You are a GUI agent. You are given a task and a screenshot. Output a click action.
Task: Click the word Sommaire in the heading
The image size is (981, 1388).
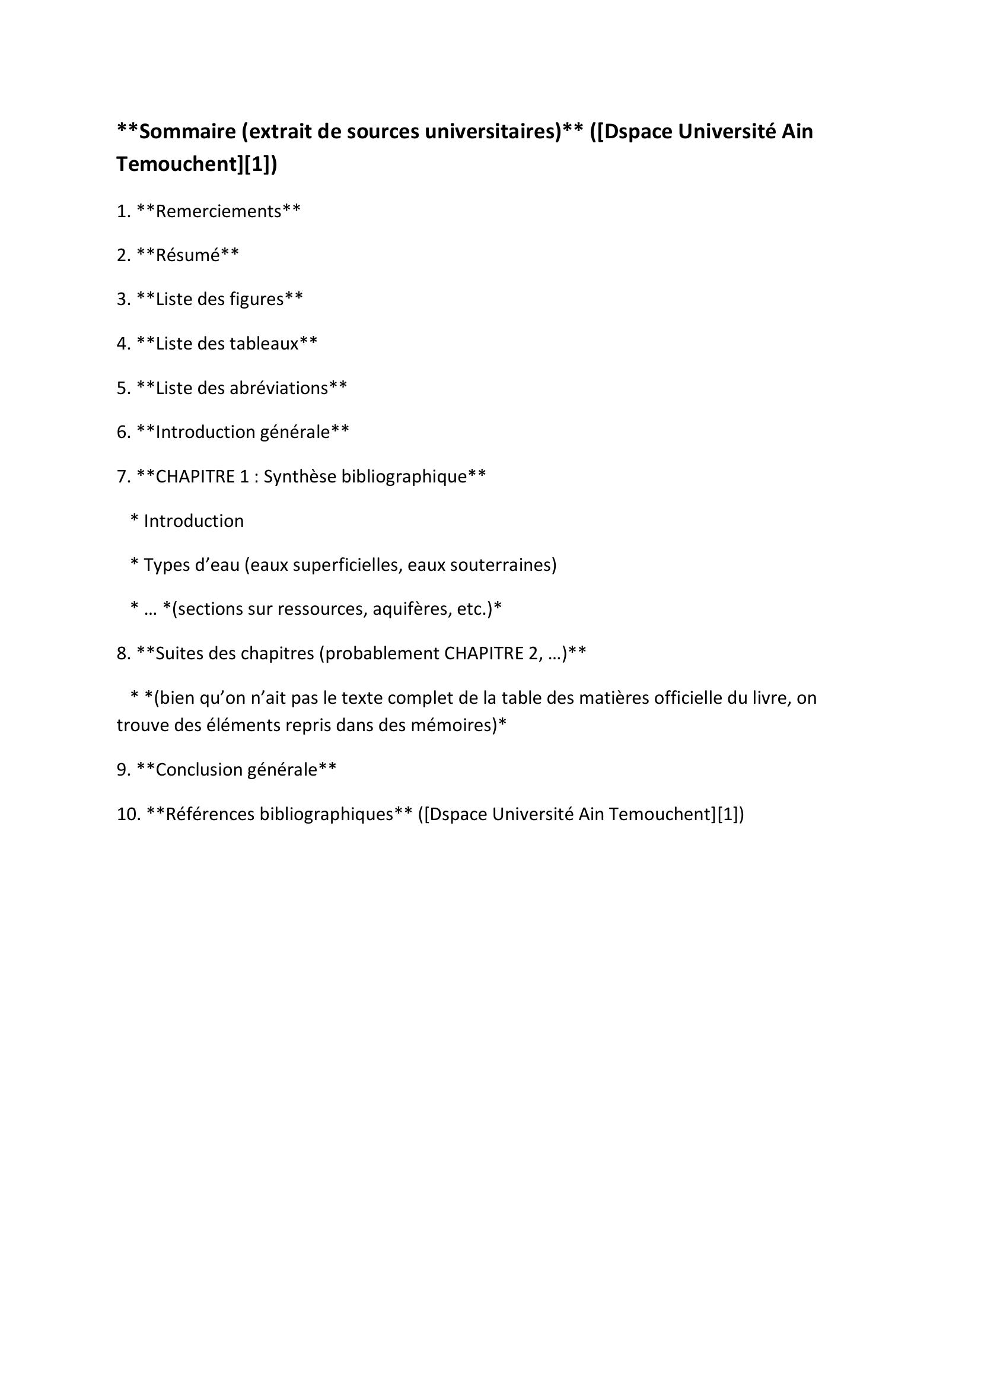pyautogui.click(x=186, y=132)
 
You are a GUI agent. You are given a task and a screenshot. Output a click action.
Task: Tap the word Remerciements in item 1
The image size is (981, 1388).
pyautogui.click(x=219, y=212)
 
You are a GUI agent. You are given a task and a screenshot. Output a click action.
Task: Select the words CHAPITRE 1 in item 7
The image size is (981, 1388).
pyautogui.click(x=202, y=477)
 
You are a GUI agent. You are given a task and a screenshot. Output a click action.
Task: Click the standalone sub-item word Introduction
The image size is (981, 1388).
pyautogui.click(x=194, y=521)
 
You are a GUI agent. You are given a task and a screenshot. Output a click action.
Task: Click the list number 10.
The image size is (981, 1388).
pyautogui.click(x=128, y=814)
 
